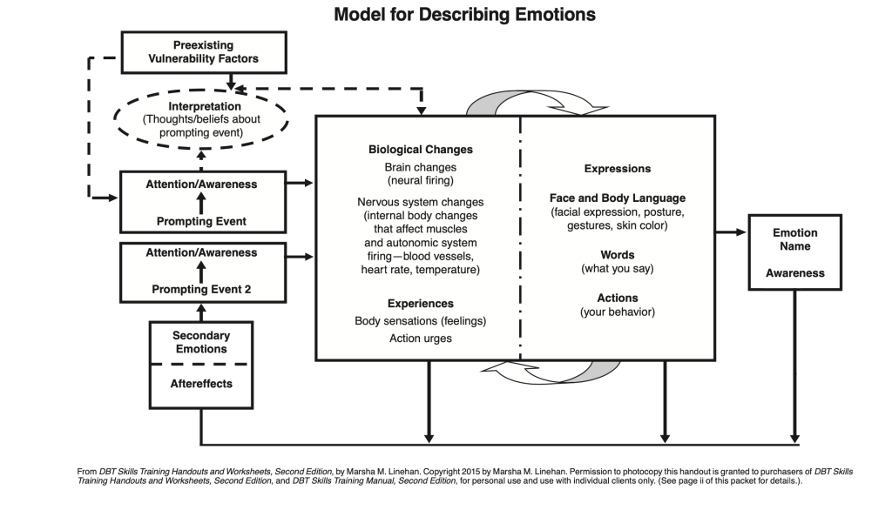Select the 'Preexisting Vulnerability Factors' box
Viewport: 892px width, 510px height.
[203, 52]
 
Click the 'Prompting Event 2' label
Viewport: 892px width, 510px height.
[201, 289]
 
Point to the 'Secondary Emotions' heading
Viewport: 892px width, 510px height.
[201, 342]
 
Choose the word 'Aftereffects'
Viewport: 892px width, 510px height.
[201, 383]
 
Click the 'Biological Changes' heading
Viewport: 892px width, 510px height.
[420, 150]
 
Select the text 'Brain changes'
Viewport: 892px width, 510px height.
[420, 167]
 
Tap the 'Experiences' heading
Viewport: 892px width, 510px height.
[420, 304]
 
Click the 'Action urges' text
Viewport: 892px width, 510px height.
[420, 339]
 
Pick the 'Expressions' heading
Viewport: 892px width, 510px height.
[617, 169]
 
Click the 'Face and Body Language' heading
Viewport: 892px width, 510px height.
[617, 198]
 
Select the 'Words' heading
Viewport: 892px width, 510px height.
[617, 255]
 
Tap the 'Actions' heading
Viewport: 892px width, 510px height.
[617, 298]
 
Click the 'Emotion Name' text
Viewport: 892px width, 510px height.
[794, 239]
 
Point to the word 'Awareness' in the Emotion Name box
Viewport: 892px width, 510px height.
[794, 273]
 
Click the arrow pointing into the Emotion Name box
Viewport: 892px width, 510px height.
[732, 232]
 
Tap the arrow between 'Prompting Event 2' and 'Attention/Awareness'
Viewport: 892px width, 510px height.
[201, 272]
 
